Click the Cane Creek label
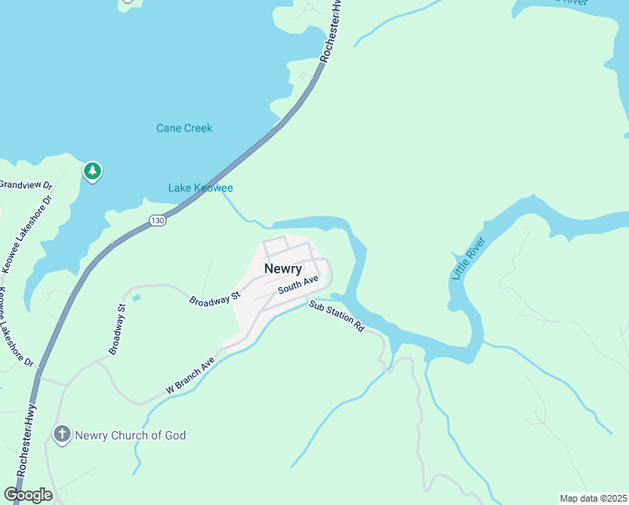[184, 128]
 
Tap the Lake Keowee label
[200, 188]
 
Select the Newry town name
[283, 268]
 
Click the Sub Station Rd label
[336, 316]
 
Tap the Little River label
[463, 256]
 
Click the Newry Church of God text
[130, 435]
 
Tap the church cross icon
[61, 434]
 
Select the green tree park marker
[92, 172]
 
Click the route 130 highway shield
[157, 221]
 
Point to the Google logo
[28, 495]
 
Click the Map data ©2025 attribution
[593, 498]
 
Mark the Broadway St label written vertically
[118, 328]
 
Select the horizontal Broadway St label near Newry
[215, 300]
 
